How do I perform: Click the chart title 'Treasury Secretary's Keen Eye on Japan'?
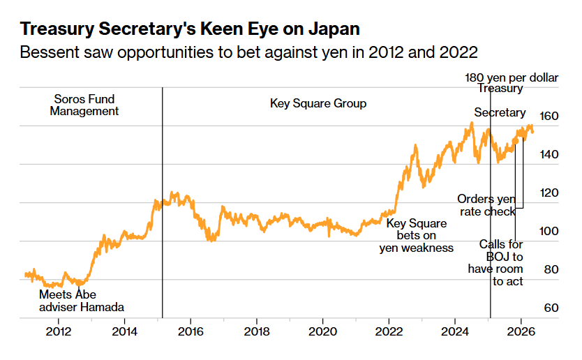click(190, 29)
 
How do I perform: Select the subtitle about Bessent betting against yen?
click(248, 52)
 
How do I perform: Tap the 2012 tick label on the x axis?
click(59, 331)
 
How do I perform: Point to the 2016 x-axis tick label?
click(191, 331)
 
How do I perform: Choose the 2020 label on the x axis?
click(322, 331)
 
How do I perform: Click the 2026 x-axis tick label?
click(521, 331)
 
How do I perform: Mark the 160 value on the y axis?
click(549, 117)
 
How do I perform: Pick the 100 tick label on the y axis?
click(549, 231)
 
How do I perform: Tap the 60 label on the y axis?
click(551, 308)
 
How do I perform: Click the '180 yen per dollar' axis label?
click(512, 77)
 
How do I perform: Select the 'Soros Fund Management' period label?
click(84, 105)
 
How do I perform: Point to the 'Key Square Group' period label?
click(318, 103)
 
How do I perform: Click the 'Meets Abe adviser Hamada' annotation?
click(82, 301)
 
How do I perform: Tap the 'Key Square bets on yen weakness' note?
click(417, 235)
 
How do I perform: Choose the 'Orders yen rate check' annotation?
click(486, 205)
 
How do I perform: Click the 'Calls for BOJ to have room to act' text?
click(495, 263)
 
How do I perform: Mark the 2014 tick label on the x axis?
click(124, 331)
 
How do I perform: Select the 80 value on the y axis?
click(551, 269)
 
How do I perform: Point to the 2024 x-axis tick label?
click(455, 331)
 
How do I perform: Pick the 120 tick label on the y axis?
click(549, 193)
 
